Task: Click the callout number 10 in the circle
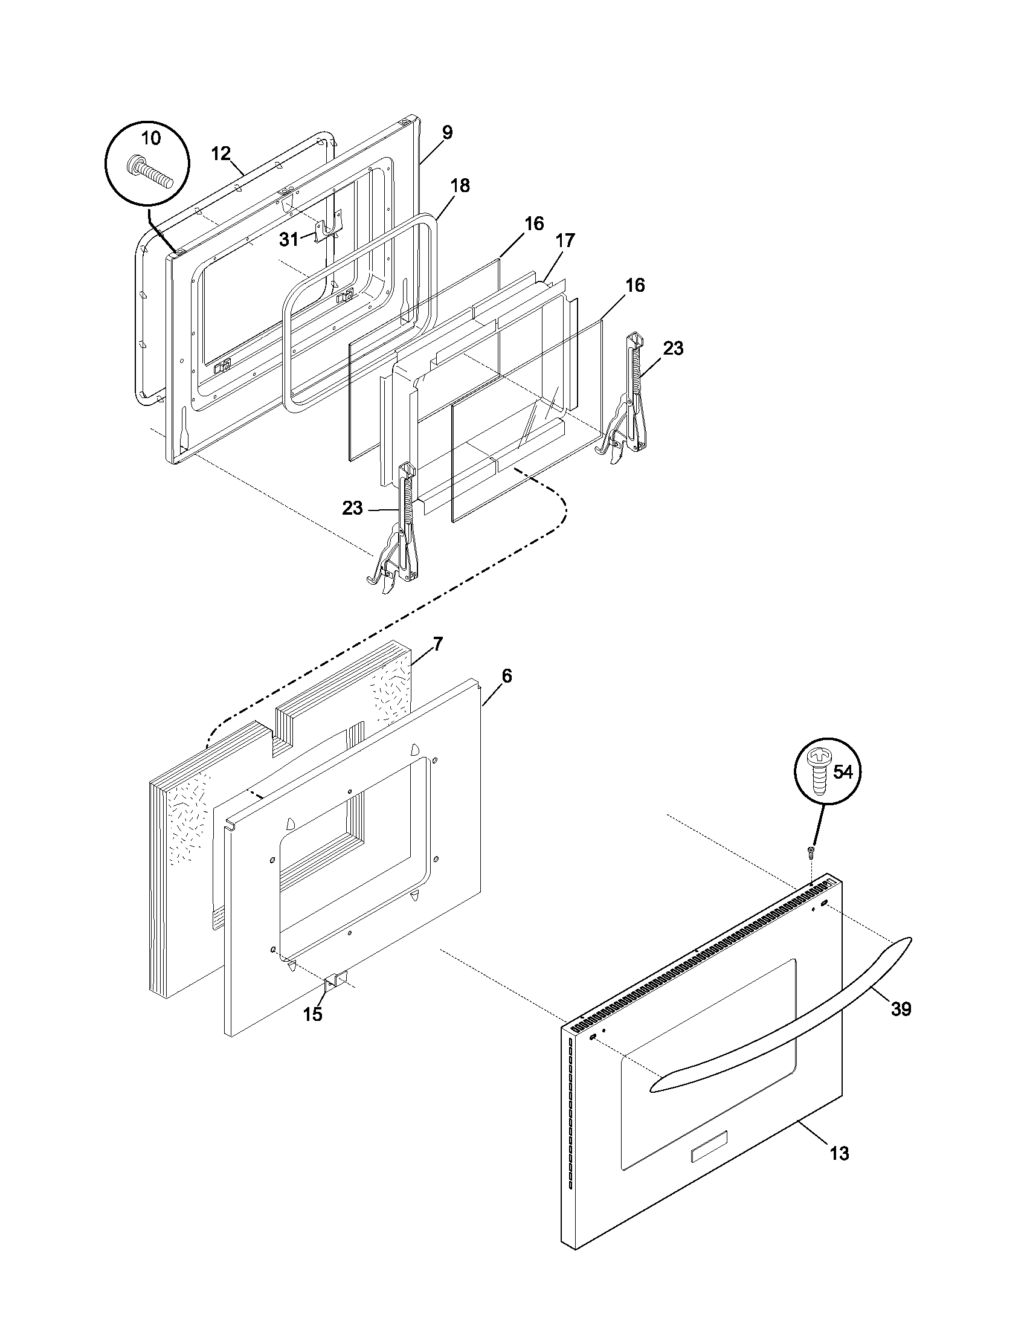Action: (x=151, y=138)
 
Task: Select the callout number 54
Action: (x=843, y=772)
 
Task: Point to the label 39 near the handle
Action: (x=901, y=1009)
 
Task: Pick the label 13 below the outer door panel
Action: (x=839, y=1153)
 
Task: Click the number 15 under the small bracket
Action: (x=313, y=1014)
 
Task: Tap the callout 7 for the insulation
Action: (x=438, y=644)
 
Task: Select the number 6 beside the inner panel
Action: (x=507, y=676)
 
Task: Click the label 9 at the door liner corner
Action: (x=447, y=133)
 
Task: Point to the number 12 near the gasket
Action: (x=221, y=153)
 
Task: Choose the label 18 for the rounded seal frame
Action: (x=460, y=185)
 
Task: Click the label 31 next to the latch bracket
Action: (x=289, y=240)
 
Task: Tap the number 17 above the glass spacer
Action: (x=565, y=240)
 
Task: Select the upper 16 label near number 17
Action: (x=533, y=224)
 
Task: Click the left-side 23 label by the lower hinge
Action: (x=352, y=507)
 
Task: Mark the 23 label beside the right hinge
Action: (x=673, y=348)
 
